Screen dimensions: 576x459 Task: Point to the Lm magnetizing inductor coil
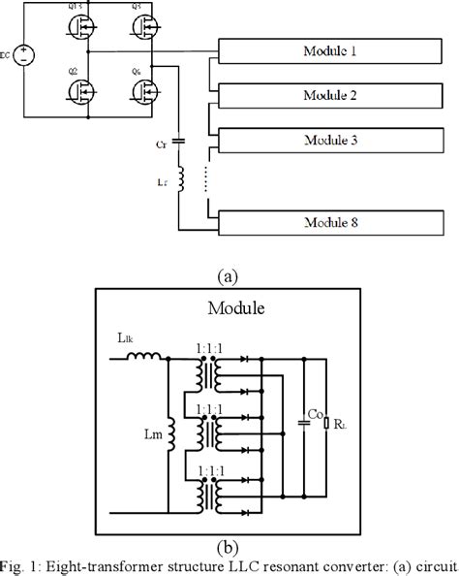pyautogui.click(x=170, y=434)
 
